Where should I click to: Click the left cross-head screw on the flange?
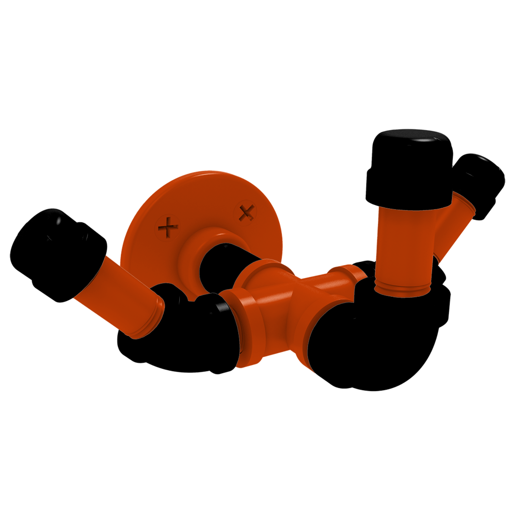(168, 226)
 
